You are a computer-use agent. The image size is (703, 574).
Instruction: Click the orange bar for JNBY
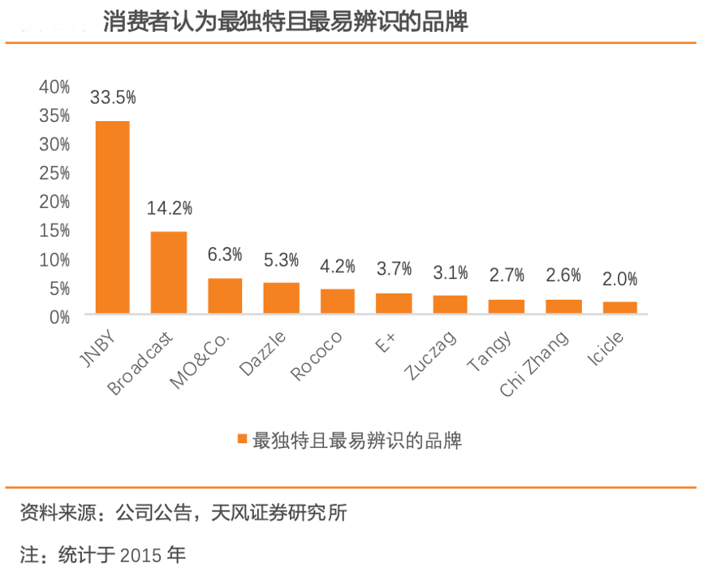[113, 217]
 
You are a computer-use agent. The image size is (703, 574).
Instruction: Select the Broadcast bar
[169, 272]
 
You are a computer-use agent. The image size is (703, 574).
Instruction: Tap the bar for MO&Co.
[225, 296]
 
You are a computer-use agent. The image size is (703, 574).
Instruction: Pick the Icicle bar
[620, 307]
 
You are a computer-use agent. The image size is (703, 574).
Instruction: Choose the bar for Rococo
[338, 301]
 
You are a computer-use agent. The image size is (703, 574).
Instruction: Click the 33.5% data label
[113, 98]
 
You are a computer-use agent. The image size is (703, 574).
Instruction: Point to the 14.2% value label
[169, 208]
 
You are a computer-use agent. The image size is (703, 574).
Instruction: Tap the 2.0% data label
[620, 279]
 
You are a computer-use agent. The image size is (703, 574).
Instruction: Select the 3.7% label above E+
[394, 268]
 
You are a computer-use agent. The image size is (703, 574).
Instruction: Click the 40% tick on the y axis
[54, 87]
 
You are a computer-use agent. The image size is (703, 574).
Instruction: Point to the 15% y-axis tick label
[54, 230]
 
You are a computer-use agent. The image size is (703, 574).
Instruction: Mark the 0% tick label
[59, 316]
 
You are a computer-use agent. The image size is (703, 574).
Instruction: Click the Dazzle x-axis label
[262, 353]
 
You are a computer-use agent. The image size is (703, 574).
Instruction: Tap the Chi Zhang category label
[533, 363]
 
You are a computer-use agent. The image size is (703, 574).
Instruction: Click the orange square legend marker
[241, 440]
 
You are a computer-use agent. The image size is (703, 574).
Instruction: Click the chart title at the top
[286, 22]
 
